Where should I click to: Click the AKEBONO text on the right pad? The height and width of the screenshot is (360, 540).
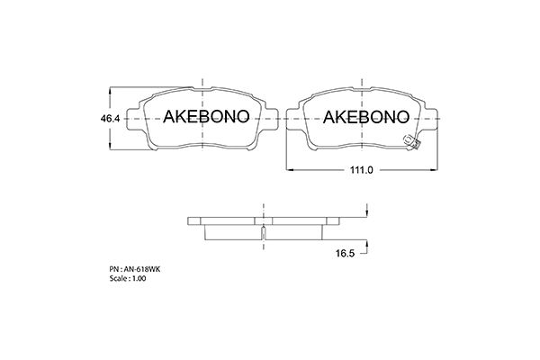coord(365,117)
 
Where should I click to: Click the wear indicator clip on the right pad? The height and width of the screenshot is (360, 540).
coord(413,142)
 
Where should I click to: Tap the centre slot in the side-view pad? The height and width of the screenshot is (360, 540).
coord(262,233)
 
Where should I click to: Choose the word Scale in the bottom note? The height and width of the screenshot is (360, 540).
coord(117,280)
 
